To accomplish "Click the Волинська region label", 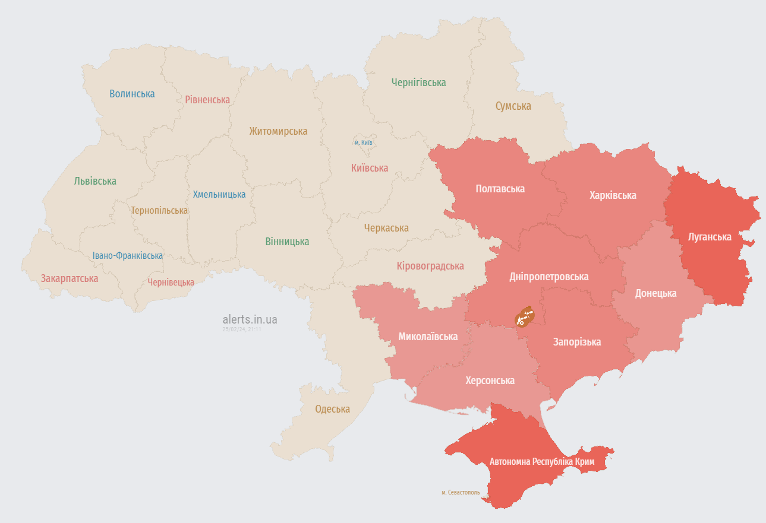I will tap(132, 94).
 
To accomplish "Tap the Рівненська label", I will tap(207, 100).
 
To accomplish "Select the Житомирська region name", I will tap(278, 131).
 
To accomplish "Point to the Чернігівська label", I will tap(418, 83).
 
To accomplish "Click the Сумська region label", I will tap(513, 106).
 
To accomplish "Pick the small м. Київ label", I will tap(363, 143).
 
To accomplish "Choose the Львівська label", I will tap(95, 181).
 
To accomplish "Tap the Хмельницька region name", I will tap(219, 195).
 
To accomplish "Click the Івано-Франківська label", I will tap(127, 256).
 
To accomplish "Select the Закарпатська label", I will tap(69, 278).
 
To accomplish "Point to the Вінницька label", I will tap(287, 242).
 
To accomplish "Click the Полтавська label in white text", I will tap(500, 189).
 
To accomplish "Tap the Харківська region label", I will tap(613, 195).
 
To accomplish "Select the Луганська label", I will tap(709, 237).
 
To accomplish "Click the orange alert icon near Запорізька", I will tap(524, 317).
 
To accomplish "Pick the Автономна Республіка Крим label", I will tap(546, 462).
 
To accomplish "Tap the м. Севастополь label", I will tap(460, 493).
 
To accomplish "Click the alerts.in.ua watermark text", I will tap(250, 319).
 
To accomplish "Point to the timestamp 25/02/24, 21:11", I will tap(242, 329).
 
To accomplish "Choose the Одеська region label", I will tap(332, 409).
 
